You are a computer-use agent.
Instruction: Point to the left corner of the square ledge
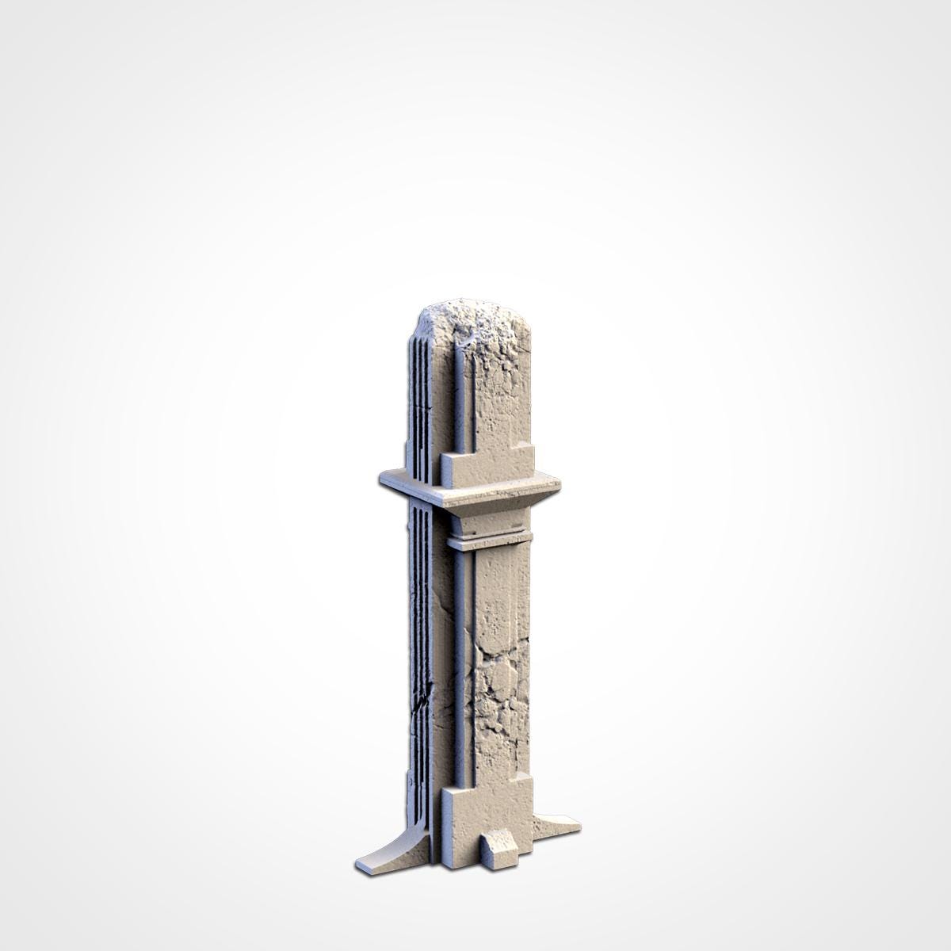[383, 479]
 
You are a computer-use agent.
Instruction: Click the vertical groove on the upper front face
[458, 396]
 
